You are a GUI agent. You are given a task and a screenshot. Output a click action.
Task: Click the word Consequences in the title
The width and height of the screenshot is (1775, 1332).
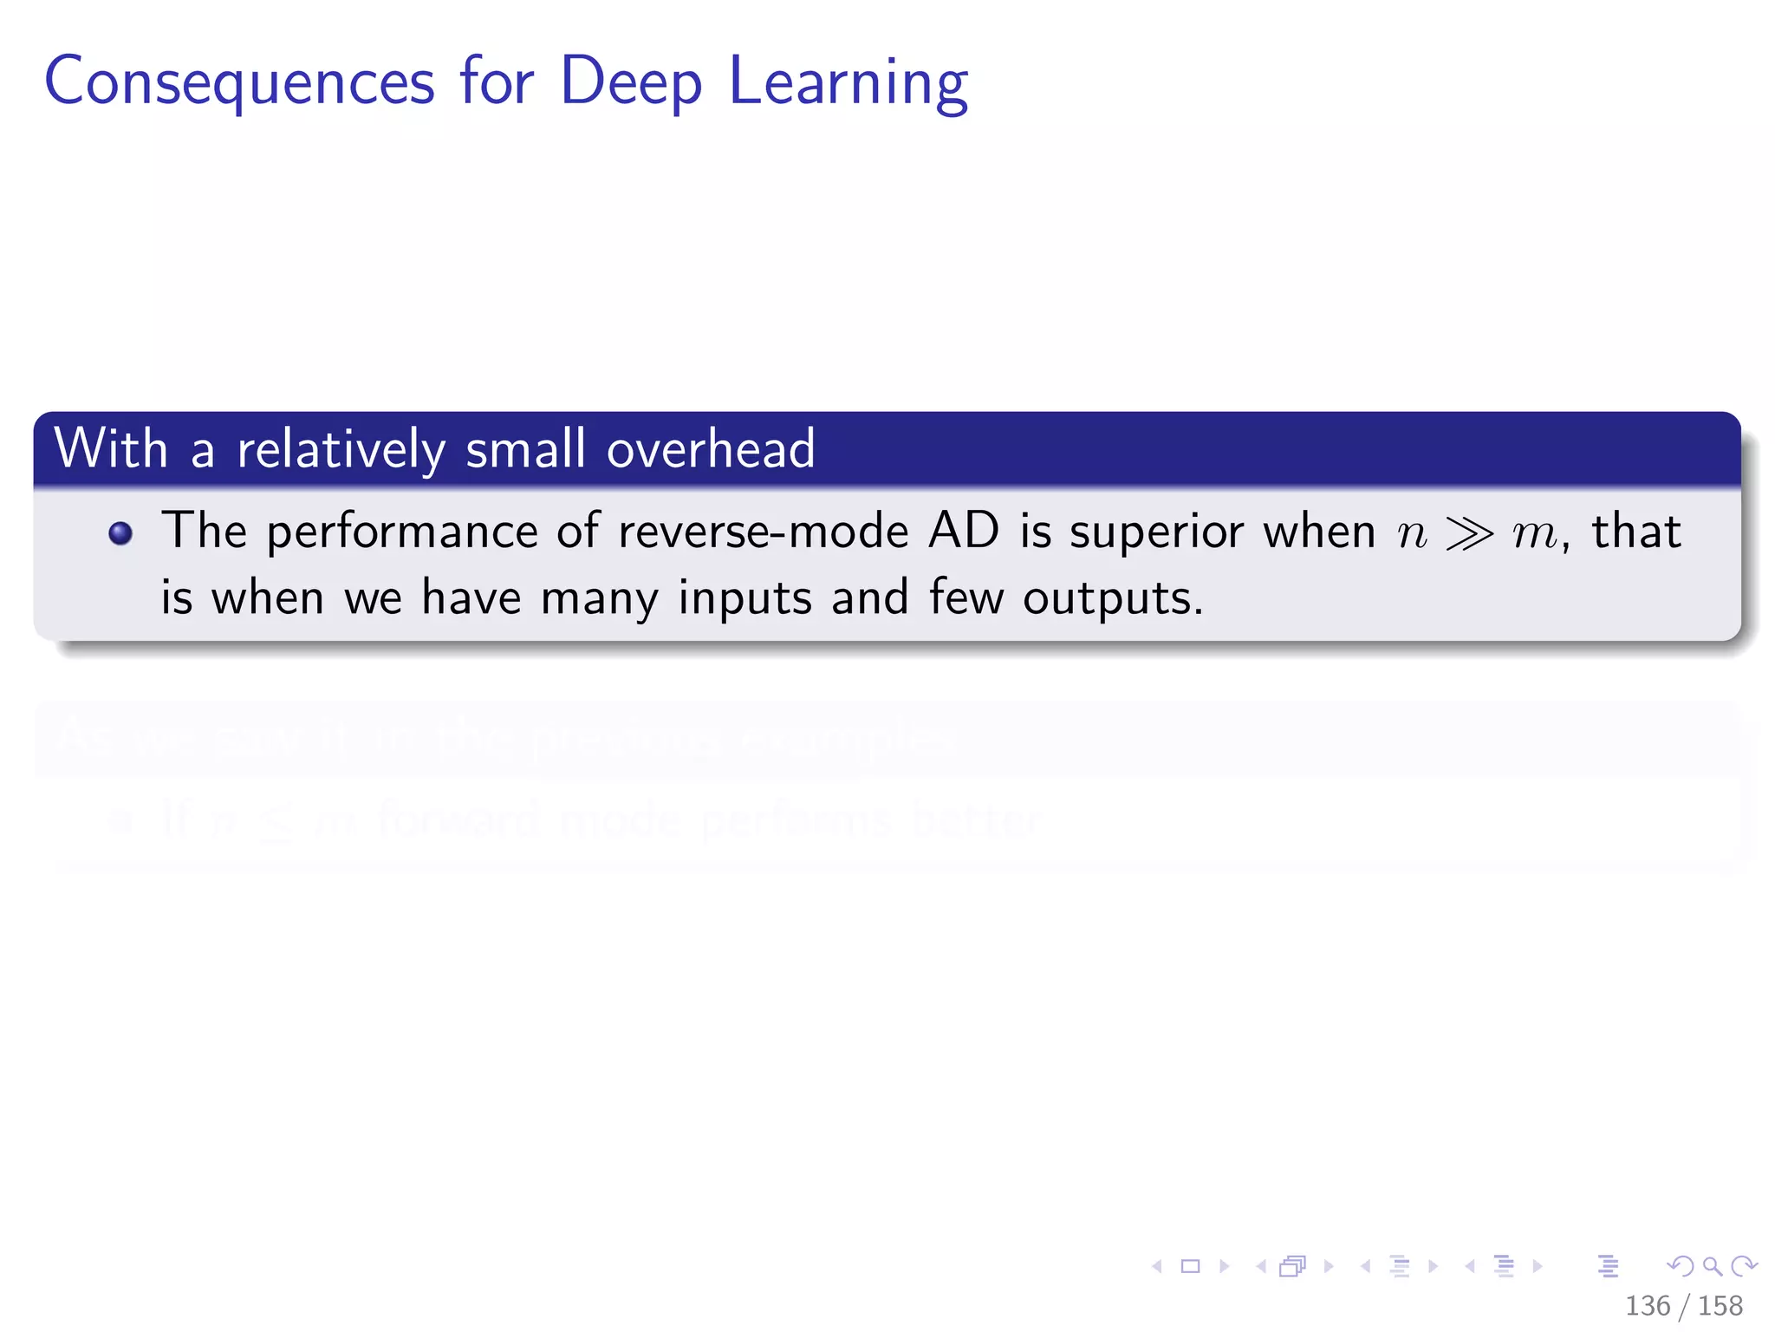tap(239, 82)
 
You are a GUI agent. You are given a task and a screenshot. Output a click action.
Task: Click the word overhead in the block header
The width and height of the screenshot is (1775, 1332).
tap(711, 449)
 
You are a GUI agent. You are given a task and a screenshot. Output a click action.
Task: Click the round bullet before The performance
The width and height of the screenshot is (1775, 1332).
tap(120, 533)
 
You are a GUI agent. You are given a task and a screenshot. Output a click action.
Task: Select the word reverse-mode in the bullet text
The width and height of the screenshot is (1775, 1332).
tap(763, 531)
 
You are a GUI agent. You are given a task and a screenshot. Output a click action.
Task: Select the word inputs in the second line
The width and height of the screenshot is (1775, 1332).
tap(744, 599)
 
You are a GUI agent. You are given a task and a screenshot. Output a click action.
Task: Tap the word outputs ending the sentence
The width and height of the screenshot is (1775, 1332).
tap(1112, 599)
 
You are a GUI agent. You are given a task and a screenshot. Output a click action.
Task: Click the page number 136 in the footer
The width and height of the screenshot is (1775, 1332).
tap(1647, 1305)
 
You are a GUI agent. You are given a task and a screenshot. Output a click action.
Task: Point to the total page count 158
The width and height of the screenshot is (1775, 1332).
tap(1720, 1305)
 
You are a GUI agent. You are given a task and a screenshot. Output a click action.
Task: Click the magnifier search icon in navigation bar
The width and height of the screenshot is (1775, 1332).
tap(1712, 1266)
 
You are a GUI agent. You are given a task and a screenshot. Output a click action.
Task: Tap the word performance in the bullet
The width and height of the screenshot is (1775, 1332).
tap(401, 532)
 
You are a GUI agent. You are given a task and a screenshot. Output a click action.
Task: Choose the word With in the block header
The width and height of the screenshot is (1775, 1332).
tap(111, 449)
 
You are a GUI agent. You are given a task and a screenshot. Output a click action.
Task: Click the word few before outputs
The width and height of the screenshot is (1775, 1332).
tap(966, 597)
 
